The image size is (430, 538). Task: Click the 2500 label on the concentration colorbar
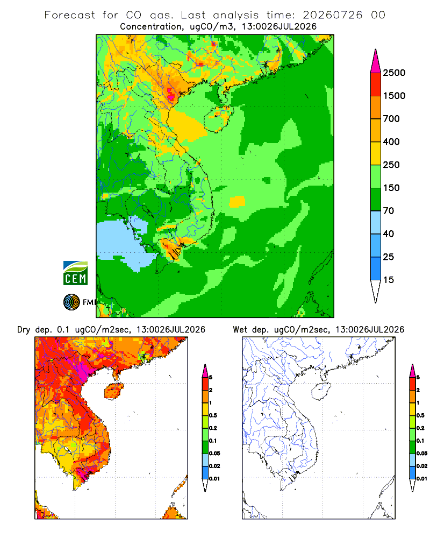[394, 73]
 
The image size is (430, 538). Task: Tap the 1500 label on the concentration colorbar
[394, 96]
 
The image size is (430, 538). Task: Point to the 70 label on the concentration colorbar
[389, 211]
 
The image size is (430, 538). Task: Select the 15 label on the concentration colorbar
[389, 280]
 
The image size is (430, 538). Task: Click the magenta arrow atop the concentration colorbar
[376, 62]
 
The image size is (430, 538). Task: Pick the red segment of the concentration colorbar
[376, 84]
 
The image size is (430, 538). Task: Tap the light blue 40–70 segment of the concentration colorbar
[376, 222]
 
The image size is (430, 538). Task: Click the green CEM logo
[75, 273]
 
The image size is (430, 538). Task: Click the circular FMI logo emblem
[71, 302]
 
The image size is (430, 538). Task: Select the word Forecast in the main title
[70, 15]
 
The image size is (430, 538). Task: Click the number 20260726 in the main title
[332, 15]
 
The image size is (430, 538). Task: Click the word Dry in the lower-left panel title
[23, 330]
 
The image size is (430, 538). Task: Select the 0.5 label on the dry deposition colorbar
[213, 415]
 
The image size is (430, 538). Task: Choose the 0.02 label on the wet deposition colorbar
[422, 466]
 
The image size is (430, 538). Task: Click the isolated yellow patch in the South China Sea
[237, 201]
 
